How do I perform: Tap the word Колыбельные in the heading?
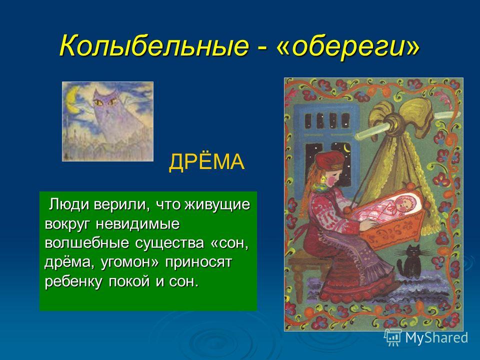click(154, 45)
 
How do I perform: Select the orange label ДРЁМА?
click(206, 161)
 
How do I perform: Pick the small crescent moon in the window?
click(347, 148)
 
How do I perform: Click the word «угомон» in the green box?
click(130, 262)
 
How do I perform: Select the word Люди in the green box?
click(70, 205)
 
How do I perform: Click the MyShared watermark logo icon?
click(393, 337)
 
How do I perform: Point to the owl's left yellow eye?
click(99, 103)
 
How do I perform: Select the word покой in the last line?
click(130, 281)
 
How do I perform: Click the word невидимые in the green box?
click(138, 224)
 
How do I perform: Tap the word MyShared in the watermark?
click(436, 337)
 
